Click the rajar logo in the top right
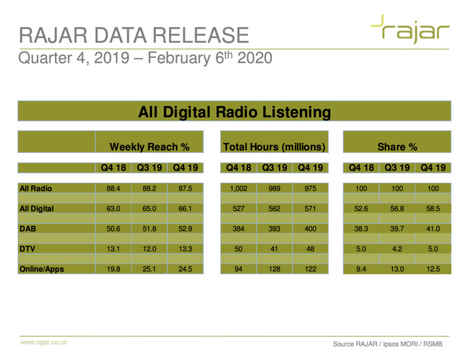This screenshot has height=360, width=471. [410, 31]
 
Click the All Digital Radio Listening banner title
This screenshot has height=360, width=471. [234, 112]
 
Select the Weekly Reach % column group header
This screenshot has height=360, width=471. [149, 146]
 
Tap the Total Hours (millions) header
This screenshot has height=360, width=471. [273, 146]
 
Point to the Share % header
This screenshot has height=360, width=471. [397, 146]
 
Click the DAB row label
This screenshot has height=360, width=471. [29, 229]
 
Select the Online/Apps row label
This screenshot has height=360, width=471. [42, 269]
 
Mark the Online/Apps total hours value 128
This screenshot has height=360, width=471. [273, 269]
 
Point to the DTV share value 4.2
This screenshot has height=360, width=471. [397, 249]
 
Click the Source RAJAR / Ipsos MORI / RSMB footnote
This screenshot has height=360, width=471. [392, 342]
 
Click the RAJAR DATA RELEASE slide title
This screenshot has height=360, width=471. [133, 34]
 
